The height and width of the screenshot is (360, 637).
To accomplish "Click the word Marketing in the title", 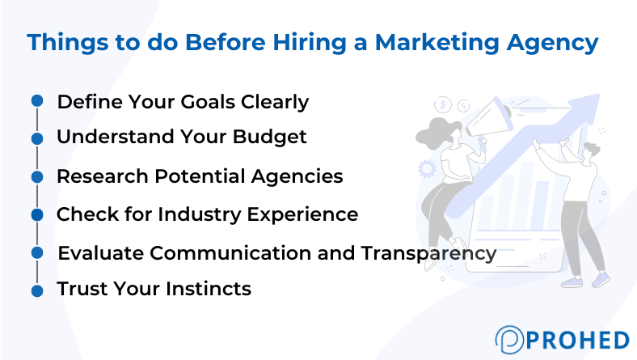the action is coord(437,42).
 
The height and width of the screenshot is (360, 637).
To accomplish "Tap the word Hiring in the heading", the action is coord(310,42).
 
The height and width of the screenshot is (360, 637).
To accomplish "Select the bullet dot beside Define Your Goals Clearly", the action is coord(37,100).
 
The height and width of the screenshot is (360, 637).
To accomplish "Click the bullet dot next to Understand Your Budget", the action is coord(37,138).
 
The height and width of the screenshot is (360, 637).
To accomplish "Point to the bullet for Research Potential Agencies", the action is coord(37,176).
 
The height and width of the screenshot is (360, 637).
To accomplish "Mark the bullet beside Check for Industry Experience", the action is coord(37,214).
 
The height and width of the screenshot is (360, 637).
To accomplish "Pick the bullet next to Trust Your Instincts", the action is coord(37,291).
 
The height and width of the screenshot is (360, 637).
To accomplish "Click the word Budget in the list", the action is coord(270,137).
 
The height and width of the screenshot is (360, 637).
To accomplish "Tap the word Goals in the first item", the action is coord(208,101).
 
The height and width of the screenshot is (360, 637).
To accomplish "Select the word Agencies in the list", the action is coord(297,177).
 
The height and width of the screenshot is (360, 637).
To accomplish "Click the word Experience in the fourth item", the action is coord(302,214).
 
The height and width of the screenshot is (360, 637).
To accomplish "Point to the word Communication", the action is coord(230,252).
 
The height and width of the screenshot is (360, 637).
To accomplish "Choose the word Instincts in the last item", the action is coord(209,289).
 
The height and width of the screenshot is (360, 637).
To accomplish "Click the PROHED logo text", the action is coord(578,340).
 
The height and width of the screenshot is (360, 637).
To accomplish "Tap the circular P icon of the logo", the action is coord(509,339).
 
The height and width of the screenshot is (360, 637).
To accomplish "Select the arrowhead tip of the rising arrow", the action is coord(599,95).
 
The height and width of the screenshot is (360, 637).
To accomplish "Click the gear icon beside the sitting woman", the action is coord(427,169).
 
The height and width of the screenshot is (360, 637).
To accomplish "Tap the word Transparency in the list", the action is coord(428,253).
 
